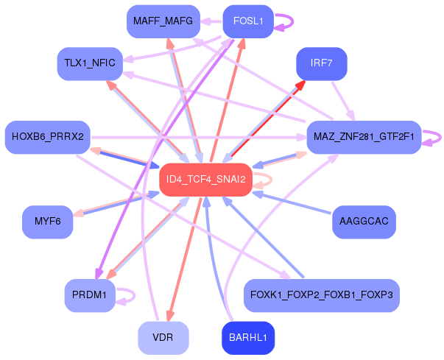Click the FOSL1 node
(x=248, y=21)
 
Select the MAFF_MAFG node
(x=163, y=21)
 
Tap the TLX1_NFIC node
(x=90, y=63)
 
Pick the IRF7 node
(x=322, y=63)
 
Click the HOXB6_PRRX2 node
(x=48, y=137)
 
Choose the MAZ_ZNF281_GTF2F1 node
(x=364, y=137)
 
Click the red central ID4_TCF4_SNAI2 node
(x=206, y=180)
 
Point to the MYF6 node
(x=48, y=222)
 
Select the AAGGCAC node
(x=364, y=222)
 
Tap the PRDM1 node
(x=90, y=295)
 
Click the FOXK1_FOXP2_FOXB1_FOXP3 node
(x=322, y=295)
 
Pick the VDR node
(x=163, y=338)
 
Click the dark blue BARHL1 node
(x=248, y=338)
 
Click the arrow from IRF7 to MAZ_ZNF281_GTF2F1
(x=343, y=101)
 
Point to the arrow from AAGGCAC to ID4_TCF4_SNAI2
(x=292, y=202)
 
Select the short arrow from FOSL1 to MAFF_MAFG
(x=211, y=21)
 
